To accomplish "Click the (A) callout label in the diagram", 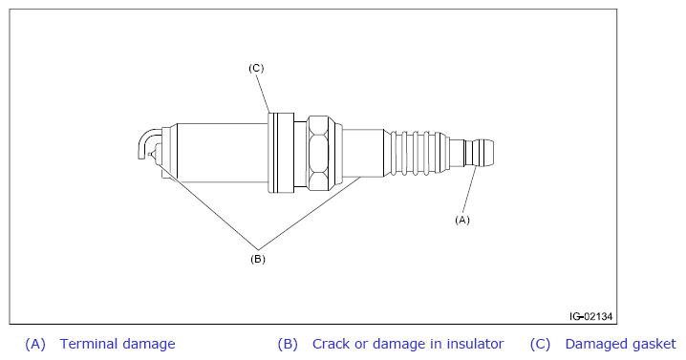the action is (462, 220).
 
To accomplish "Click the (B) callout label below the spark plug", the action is (258, 259).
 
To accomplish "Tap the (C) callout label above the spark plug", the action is (256, 68).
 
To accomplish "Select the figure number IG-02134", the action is (590, 316).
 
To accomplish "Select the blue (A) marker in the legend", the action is (35, 345).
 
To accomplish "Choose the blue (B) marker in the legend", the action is (288, 345).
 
